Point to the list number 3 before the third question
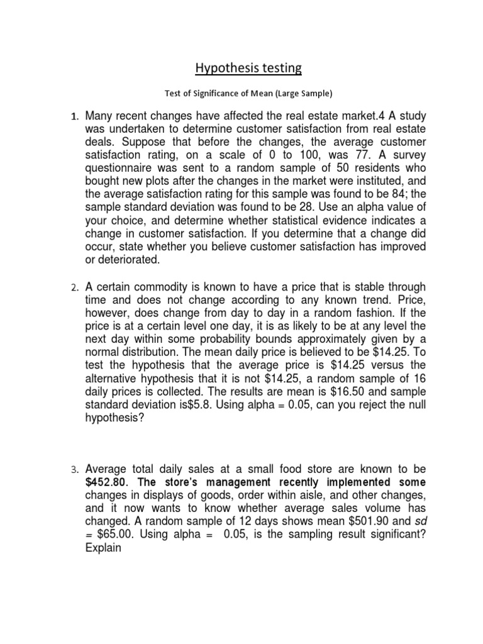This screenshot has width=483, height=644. [73, 470]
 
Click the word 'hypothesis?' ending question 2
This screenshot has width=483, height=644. [114, 419]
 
